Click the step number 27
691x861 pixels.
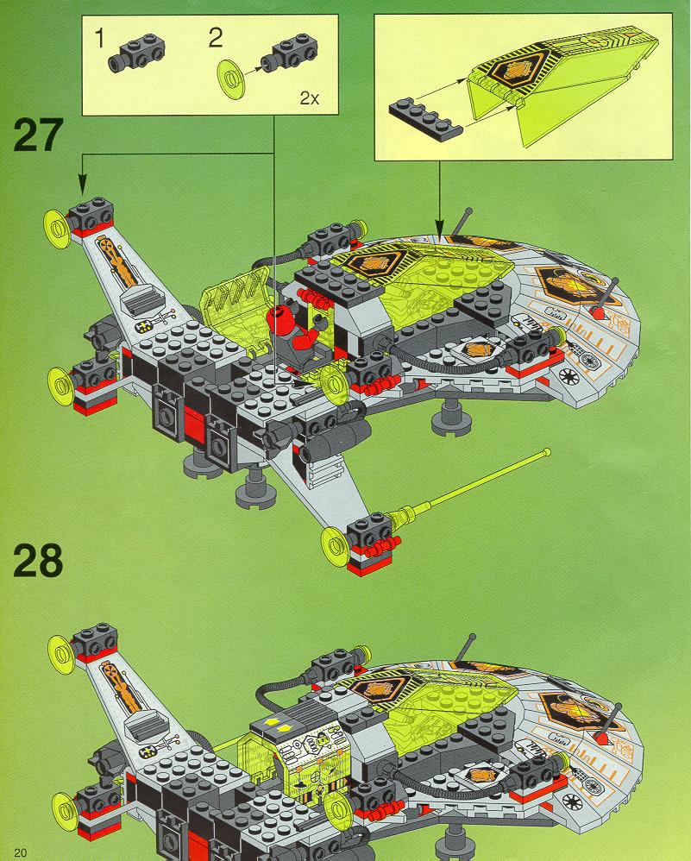point(38,135)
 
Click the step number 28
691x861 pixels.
point(38,560)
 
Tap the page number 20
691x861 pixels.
point(21,852)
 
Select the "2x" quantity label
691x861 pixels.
point(309,98)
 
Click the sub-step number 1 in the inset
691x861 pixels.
point(99,39)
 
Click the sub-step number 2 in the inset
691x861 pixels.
point(216,38)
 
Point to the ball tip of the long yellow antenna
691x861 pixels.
point(547,452)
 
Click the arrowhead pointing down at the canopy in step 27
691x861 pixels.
point(439,228)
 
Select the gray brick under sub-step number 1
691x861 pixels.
point(136,53)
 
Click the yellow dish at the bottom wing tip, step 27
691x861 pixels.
point(334,546)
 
